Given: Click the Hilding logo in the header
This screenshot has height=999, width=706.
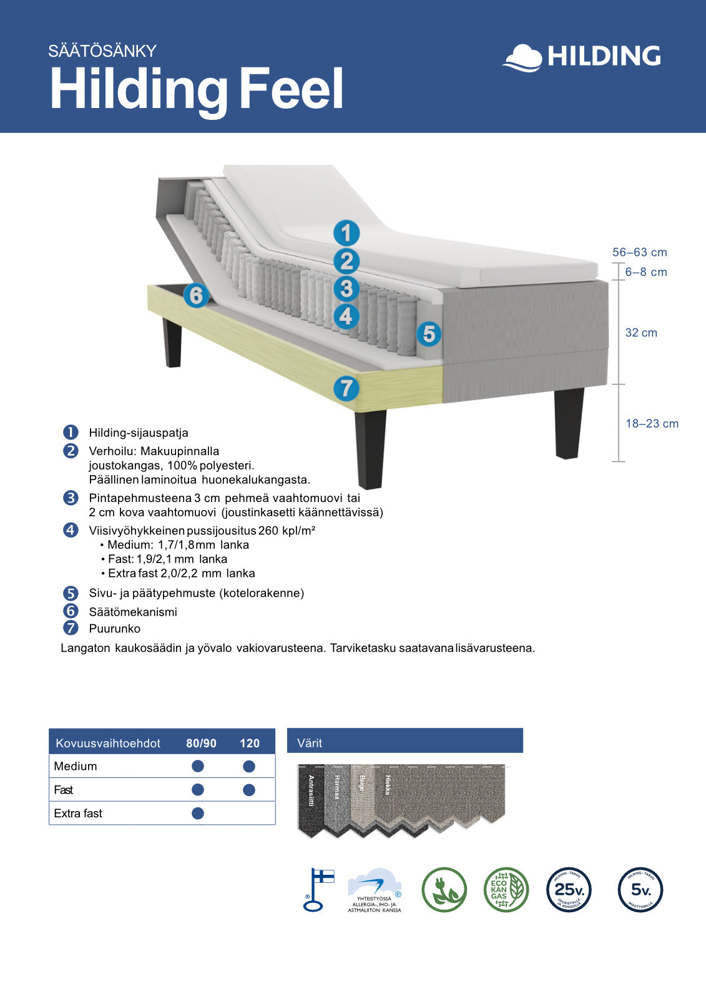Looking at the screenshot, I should [x=581, y=57].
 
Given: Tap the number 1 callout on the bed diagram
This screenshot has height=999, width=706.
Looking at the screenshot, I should [x=346, y=234].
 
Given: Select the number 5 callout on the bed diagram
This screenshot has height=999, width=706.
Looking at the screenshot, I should [x=429, y=334].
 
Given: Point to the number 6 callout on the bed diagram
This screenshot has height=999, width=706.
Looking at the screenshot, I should [x=196, y=295].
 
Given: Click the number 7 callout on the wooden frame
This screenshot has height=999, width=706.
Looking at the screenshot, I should [x=346, y=388].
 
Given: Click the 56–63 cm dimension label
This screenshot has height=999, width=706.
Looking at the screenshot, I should [x=639, y=253].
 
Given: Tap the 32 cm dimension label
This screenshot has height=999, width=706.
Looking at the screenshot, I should [x=641, y=333].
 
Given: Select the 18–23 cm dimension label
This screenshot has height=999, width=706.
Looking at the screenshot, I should [x=652, y=424].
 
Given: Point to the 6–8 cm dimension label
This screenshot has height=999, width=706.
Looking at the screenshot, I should [x=646, y=272].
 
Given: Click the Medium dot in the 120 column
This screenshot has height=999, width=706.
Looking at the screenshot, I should [x=249, y=766].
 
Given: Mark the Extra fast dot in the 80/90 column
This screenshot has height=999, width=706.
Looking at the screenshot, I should [x=198, y=813].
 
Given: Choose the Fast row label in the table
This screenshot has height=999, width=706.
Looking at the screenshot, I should [x=64, y=790].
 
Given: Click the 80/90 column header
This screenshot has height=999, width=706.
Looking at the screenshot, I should [x=201, y=743].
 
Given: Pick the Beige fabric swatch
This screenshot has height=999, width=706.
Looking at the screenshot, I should [x=362, y=793].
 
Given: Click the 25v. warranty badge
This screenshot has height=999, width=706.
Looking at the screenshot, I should [x=569, y=890].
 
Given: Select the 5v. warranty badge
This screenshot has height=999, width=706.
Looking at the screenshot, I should [x=640, y=890].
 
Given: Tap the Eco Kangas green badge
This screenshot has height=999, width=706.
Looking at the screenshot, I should [x=506, y=890].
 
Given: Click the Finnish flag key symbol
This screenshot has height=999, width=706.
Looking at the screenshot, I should [x=318, y=890].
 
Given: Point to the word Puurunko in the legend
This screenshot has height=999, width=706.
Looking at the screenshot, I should [x=114, y=629].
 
